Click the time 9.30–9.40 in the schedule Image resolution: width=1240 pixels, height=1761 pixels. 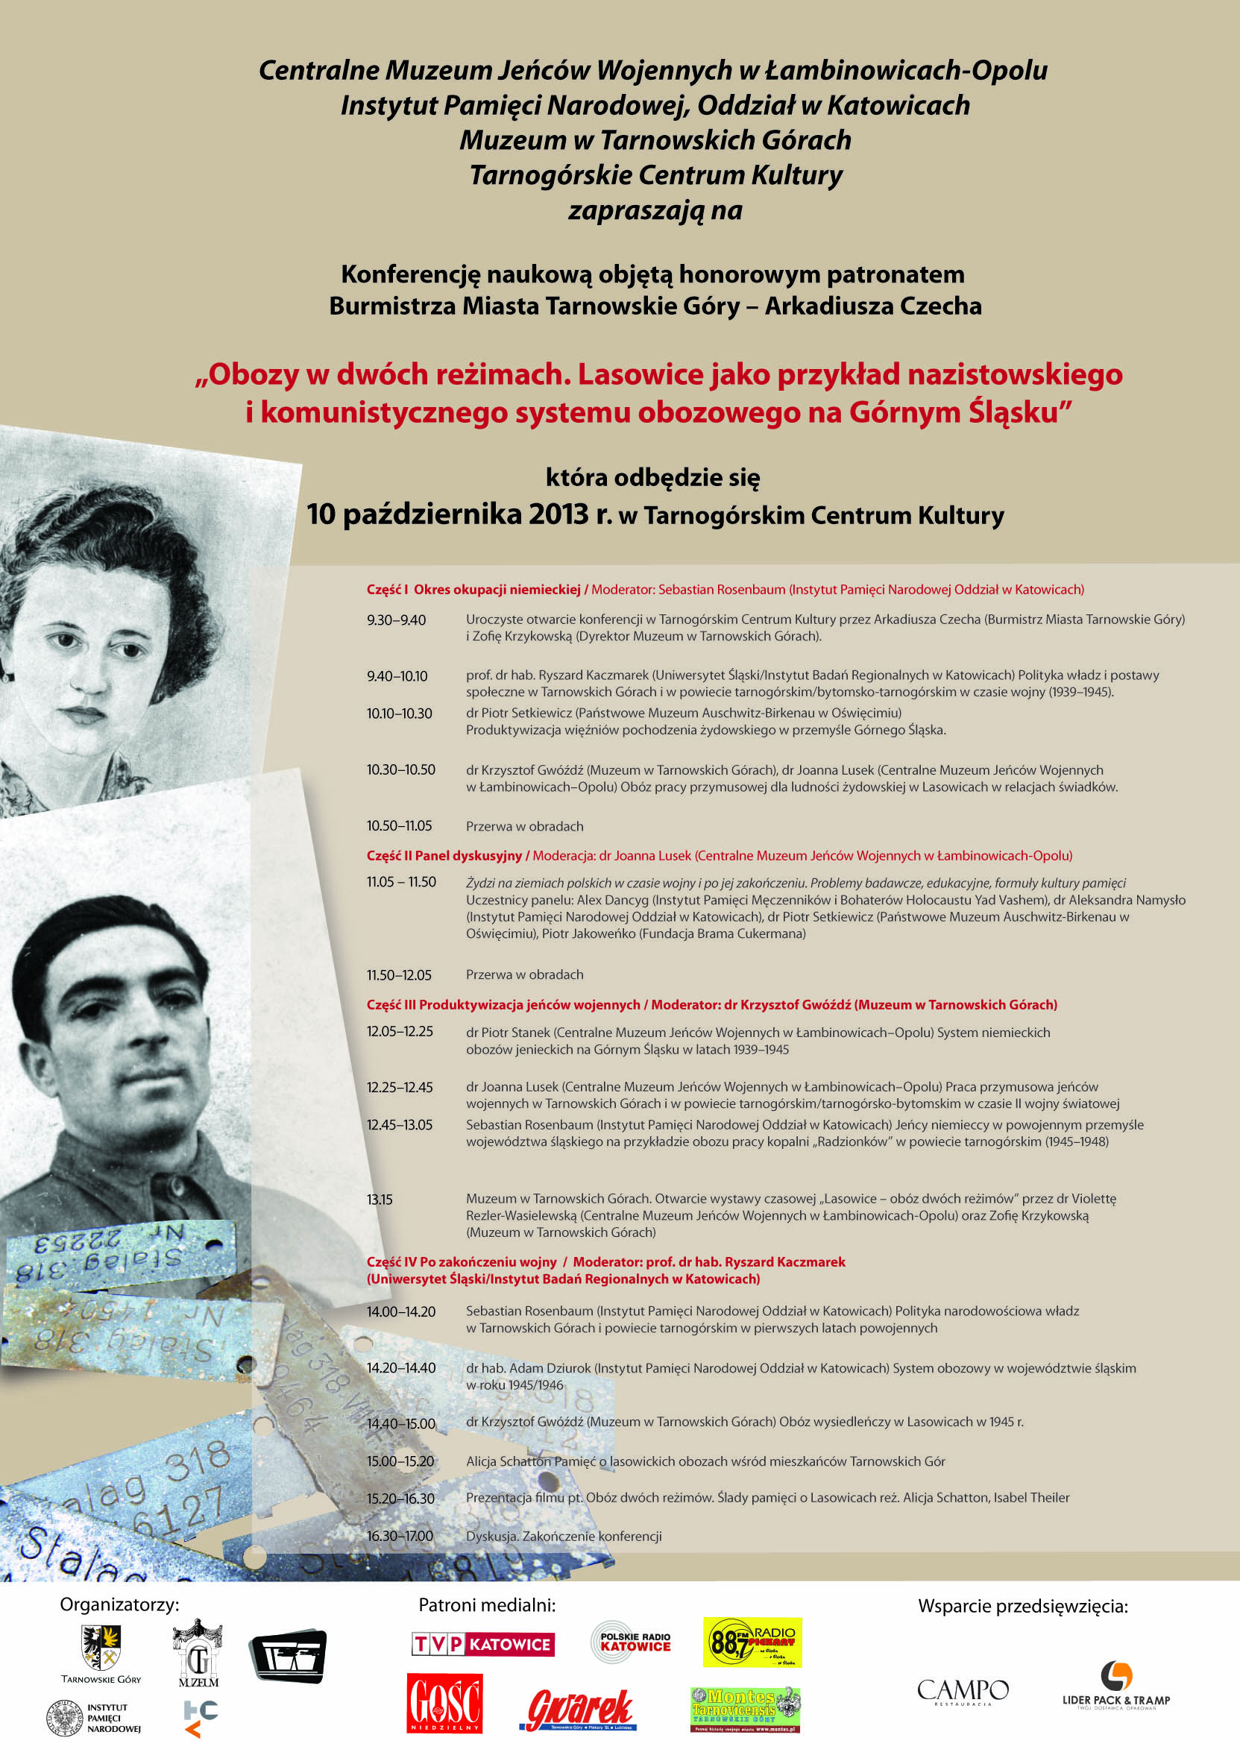[x=396, y=620]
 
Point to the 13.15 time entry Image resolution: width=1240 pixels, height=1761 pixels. [x=380, y=1200]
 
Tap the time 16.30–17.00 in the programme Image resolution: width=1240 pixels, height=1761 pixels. [x=400, y=1537]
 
